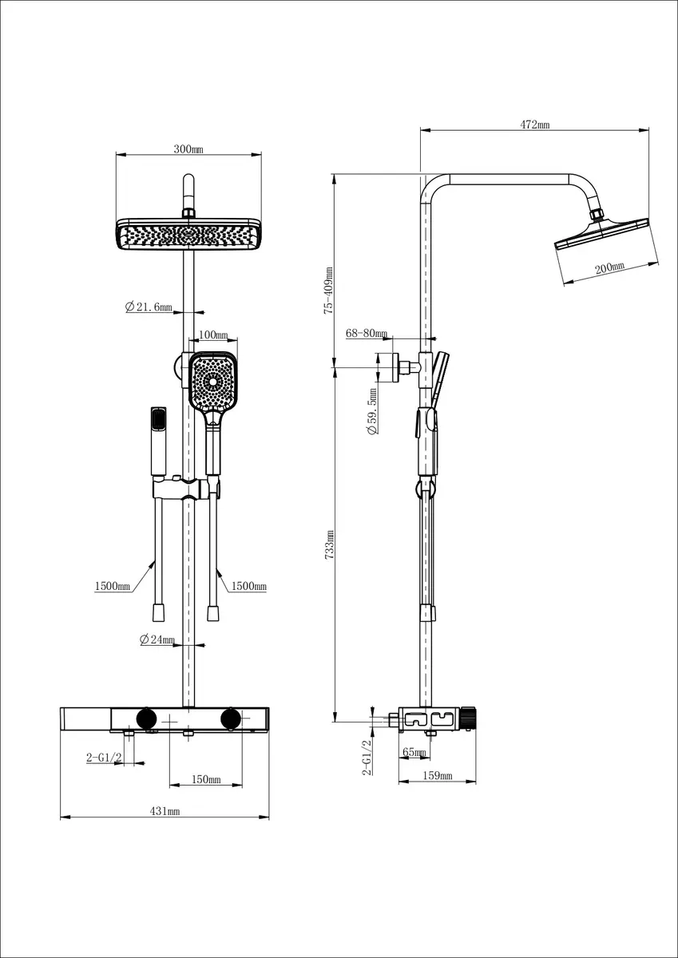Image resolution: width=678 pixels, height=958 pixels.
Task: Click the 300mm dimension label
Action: tap(188, 149)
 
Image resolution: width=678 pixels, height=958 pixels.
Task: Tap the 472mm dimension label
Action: tap(535, 125)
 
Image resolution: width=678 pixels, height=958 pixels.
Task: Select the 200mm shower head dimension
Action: tap(609, 268)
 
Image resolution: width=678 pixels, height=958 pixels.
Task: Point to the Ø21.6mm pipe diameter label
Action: tap(149, 307)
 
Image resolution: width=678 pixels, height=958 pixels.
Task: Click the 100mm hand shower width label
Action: tap(212, 335)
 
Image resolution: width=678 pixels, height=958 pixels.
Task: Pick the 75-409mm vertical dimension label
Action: tap(328, 291)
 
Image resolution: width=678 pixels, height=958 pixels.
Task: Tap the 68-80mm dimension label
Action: tap(367, 333)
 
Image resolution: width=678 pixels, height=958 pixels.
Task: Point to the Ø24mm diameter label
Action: tap(157, 639)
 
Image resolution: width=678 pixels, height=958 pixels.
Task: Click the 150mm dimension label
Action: tap(206, 779)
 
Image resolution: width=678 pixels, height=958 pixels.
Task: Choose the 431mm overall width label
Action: tap(165, 811)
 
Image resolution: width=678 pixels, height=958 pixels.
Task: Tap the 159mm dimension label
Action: tap(437, 775)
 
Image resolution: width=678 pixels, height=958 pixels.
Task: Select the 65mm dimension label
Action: tap(413, 751)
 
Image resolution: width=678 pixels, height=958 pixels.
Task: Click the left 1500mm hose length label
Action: tap(113, 586)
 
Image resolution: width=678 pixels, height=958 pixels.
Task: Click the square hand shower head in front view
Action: tap(213, 379)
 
